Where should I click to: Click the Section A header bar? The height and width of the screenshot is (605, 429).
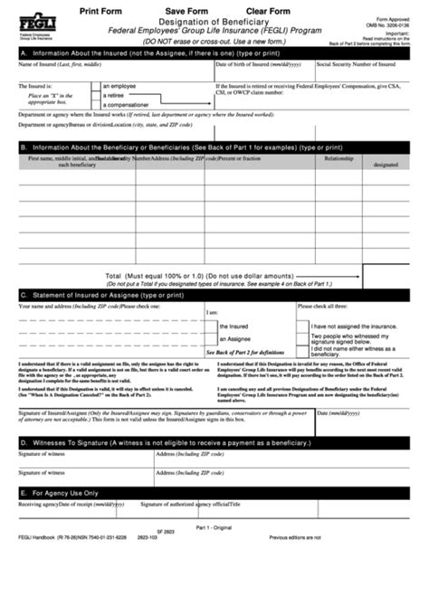[x=214, y=53]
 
